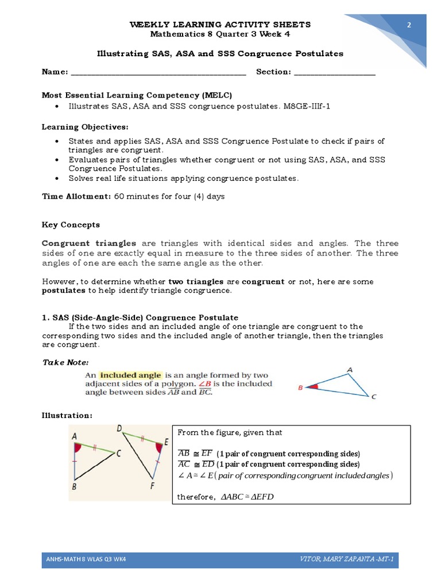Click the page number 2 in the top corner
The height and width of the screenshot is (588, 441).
(x=409, y=25)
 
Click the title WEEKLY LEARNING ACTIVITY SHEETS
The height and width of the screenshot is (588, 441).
(x=220, y=24)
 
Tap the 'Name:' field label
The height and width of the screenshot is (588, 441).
(x=55, y=72)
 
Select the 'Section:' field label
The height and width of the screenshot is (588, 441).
(x=274, y=72)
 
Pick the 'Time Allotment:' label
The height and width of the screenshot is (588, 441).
(x=76, y=196)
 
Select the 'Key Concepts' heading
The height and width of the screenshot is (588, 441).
(x=71, y=225)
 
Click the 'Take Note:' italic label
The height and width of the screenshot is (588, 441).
(x=65, y=362)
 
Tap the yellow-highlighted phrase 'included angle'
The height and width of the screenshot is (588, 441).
(x=131, y=375)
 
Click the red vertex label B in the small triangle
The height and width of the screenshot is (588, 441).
(x=300, y=388)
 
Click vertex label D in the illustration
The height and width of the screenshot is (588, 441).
(x=118, y=428)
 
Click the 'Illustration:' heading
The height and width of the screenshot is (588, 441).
(x=67, y=415)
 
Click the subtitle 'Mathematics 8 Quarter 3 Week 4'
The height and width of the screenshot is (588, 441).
(x=220, y=34)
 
